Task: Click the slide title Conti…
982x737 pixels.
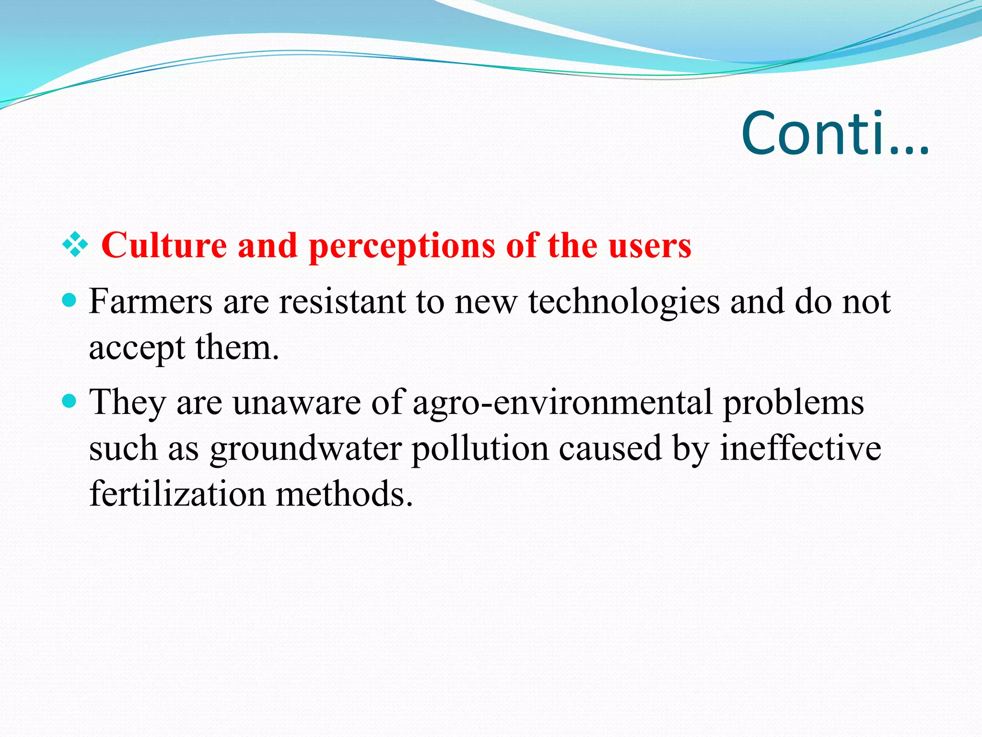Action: pyautogui.click(x=835, y=134)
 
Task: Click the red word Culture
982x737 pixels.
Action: pyautogui.click(x=164, y=245)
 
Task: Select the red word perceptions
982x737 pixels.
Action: pyautogui.click(x=402, y=246)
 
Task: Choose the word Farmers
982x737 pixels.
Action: pyautogui.click(x=151, y=302)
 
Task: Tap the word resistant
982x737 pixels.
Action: pyautogui.click(x=342, y=302)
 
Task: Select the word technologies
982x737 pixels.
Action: pyautogui.click(x=624, y=303)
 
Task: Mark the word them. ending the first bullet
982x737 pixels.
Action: pyautogui.click(x=237, y=347)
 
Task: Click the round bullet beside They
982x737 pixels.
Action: pyautogui.click(x=70, y=401)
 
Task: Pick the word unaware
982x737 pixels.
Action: pyautogui.click(x=296, y=403)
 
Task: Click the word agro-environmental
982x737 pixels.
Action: pyautogui.click(x=562, y=403)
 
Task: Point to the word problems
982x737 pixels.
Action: pyautogui.click(x=793, y=404)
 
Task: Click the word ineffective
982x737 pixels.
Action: pyautogui.click(x=800, y=449)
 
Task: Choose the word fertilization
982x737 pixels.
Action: pyautogui.click(x=177, y=494)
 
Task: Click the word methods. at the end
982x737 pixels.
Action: pyautogui.click(x=344, y=494)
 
